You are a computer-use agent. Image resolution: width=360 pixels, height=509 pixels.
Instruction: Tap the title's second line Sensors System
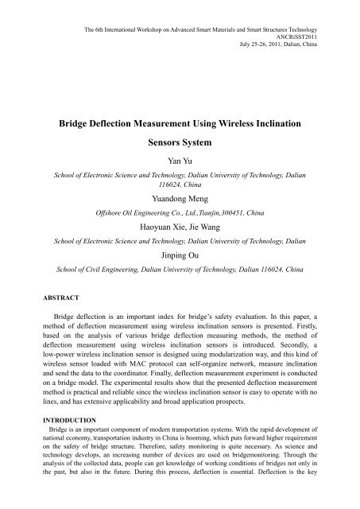pos(180,147)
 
